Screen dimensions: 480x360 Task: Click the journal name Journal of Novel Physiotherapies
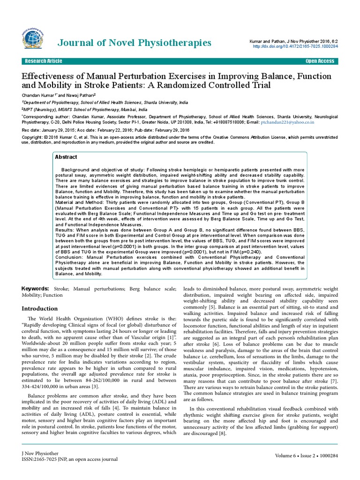pyautogui.click(x=134, y=43)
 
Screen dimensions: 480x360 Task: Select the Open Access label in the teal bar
pyautogui.click(x=320, y=61)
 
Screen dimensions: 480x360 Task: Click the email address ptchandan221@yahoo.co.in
pyautogui.click(x=292, y=122)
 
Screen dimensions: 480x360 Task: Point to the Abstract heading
pyautogui.click(x=66, y=157)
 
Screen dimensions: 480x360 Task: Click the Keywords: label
pyautogui.click(x=36, y=288)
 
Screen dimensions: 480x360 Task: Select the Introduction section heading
pyautogui.click(x=42, y=309)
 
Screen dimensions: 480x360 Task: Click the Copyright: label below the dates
pyautogui.click(x=32, y=137)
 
